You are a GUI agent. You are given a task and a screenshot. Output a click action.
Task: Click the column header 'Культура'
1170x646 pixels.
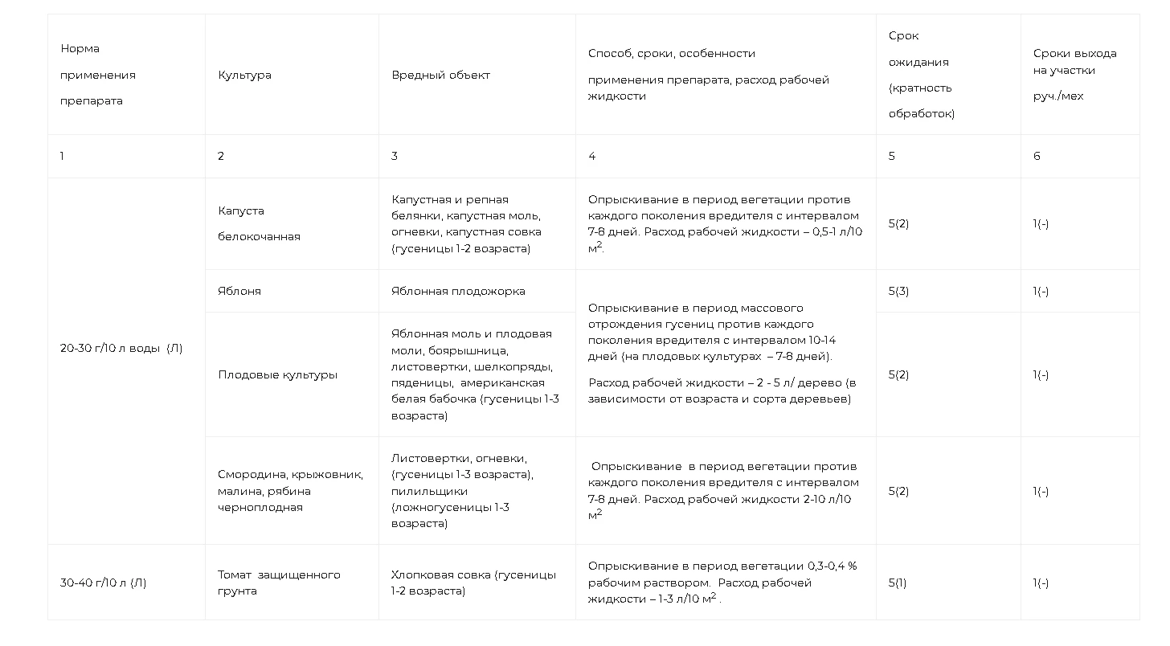click(244, 75)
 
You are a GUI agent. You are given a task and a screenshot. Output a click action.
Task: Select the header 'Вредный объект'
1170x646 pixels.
click(440, 75)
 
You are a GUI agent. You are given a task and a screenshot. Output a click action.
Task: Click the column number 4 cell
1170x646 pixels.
click(592, 156)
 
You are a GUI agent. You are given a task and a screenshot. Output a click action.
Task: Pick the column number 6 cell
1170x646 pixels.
click(1037, 156)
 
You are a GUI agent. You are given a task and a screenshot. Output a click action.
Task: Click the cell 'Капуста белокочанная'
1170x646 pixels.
click(259, 223)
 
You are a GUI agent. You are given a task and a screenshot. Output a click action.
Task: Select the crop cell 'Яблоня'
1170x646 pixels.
click(239, 291)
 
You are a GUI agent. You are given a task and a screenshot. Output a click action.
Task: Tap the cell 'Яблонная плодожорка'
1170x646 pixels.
click(458, 291)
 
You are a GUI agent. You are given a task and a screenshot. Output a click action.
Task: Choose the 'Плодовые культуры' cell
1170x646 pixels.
click(277, 374)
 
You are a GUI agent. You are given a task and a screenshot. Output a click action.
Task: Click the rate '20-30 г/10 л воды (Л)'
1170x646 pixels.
click(121, 348)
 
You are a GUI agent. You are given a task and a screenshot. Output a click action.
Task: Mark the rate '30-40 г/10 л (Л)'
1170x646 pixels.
click(104, 583)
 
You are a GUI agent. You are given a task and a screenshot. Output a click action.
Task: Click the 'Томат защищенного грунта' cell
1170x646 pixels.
click(279, 583)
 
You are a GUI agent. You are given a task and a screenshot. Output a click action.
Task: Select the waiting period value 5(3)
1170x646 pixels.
click(898, 291)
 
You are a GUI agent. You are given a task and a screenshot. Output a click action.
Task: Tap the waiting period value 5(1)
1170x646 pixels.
click(897, 583)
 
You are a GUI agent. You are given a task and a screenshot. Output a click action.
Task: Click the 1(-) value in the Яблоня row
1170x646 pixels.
click(1041, 291)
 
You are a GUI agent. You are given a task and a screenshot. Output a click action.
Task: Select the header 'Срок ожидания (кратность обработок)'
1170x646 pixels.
click(921, 75)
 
